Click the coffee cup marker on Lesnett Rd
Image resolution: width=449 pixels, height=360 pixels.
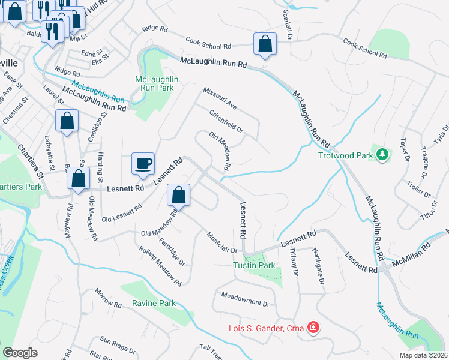(x=143, y=164)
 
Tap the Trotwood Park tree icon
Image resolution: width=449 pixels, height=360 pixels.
(x=381, y=154)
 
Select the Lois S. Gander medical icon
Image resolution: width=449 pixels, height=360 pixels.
(x=313, y=327)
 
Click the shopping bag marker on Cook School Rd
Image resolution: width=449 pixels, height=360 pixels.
(x=264, y=44)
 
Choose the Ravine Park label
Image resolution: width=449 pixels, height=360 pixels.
(x=155, y=304)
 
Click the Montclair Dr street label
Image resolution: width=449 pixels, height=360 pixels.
(x=222, y=242)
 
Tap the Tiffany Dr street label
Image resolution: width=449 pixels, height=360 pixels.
(x=294, y=262)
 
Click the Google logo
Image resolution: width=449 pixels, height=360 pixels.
(x=20, y=352)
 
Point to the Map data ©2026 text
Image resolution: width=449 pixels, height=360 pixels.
(x=424, y=355)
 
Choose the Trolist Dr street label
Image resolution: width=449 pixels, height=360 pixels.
(x=419, y=188)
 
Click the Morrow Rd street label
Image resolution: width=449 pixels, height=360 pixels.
(x=108, y=298)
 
